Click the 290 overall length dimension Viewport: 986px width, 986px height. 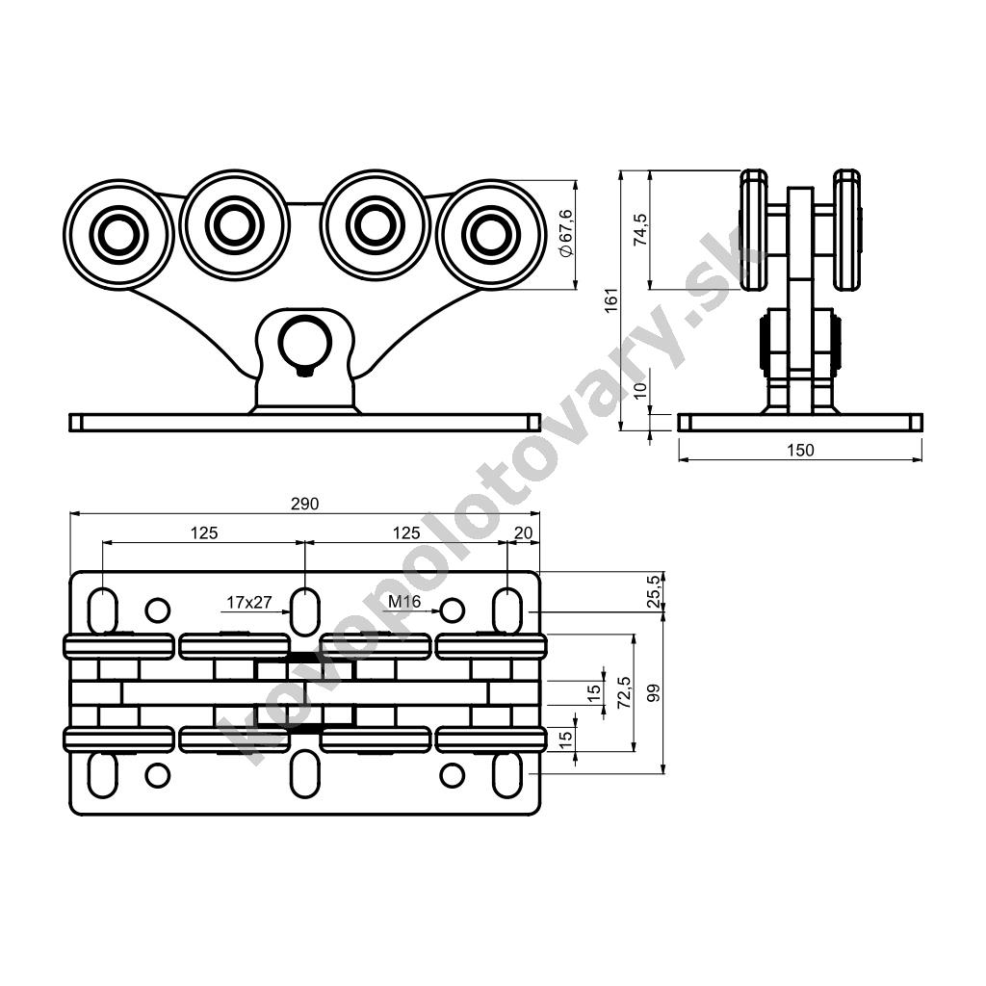pyautogui.click(x=305, y=504)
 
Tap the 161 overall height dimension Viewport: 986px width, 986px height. pyautogui.click(x=611, y=300)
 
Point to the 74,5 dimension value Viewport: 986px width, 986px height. pyautogui.click(x=640, y=229)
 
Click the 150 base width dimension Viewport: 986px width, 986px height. pyautogui.click(x=800, y=451)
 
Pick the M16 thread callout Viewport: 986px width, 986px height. pyautogui.click(x=404, y=602)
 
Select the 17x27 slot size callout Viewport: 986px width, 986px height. pyautogui.click(x=249, y=603)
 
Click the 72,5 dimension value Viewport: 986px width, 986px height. pyautogui.click(x=624, y=693)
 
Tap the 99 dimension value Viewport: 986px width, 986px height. pyautogui.click(x=655, y=693)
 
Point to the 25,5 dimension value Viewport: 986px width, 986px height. pyautogui.click(x=655, y=590)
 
